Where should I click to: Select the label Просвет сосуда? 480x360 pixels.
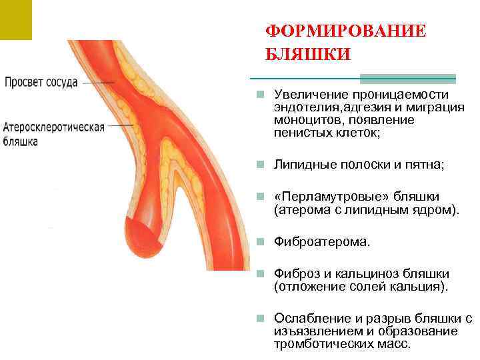coord(42,83)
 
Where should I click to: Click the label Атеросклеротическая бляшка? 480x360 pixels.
coord(54,134)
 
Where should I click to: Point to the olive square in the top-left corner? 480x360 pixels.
coord(15,19)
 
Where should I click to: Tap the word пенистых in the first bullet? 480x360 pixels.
coord(298,132)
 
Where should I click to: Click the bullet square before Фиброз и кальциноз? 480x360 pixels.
coord(265,275)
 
